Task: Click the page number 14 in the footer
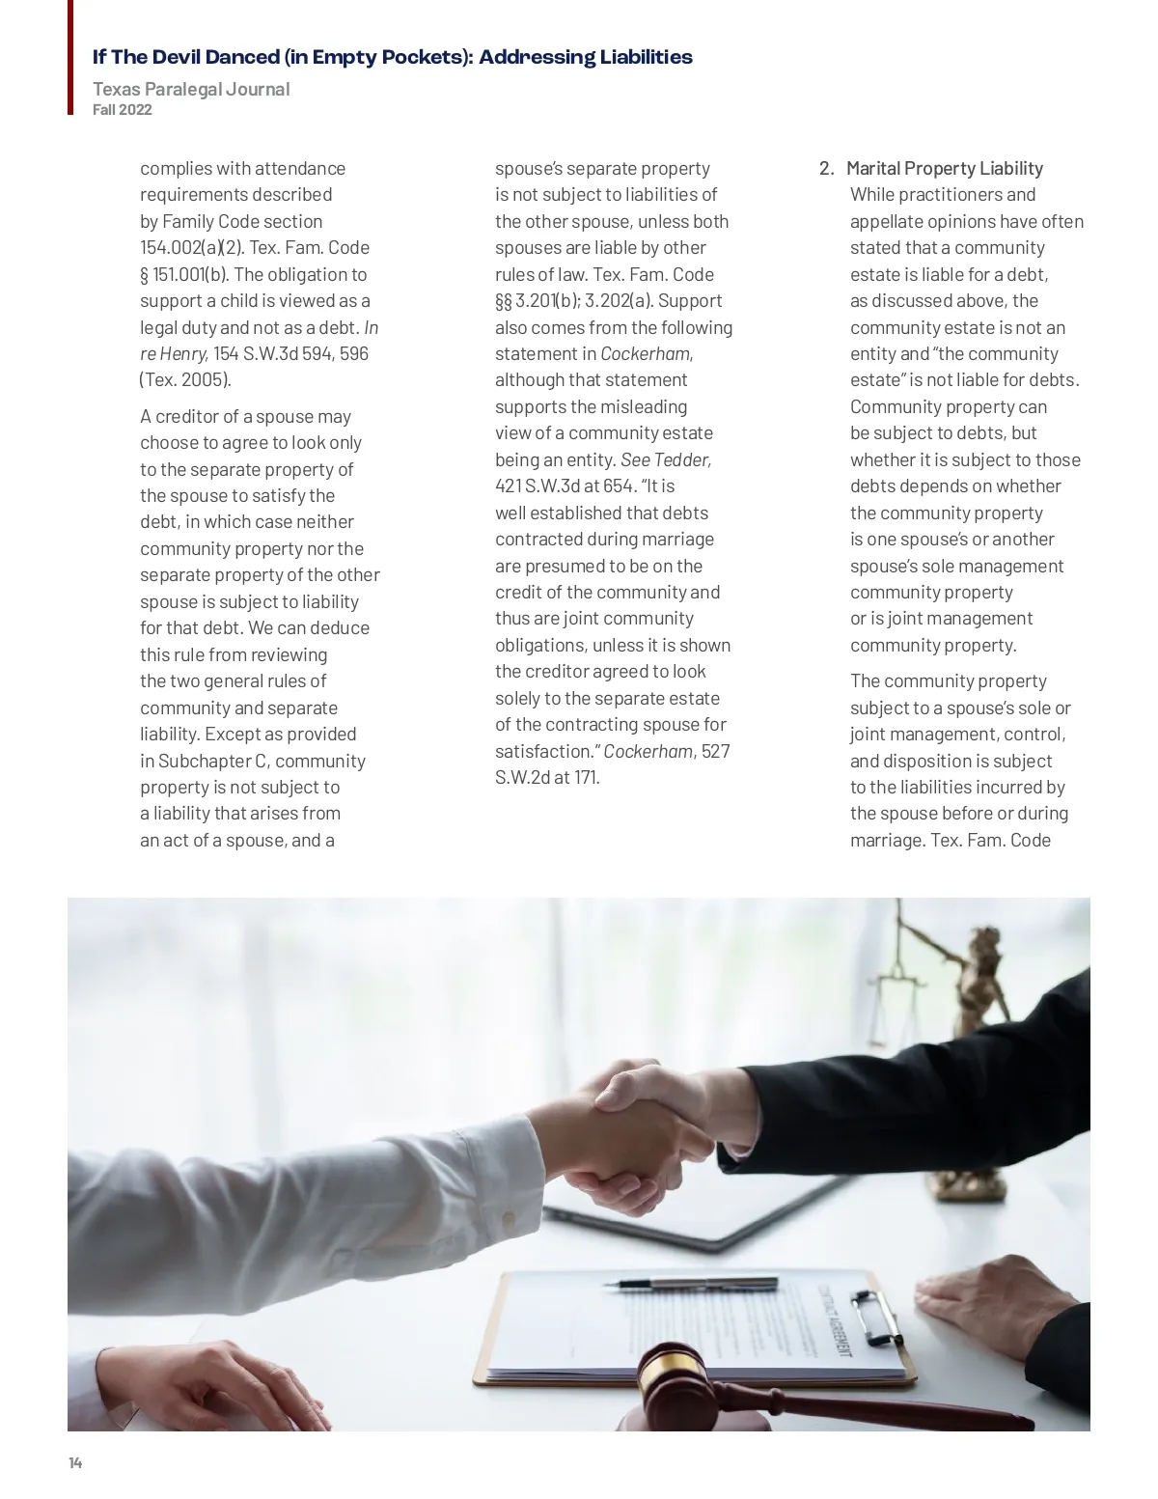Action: [x=75, y=1463]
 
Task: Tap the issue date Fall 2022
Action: [x=123, y=110]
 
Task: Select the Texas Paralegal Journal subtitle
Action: [x=191, y=89]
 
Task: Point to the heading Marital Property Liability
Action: [x=945, y=168]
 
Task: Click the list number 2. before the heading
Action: [x=826, y=168]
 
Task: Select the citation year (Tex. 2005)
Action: [x=185, y=379]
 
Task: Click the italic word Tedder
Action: [x=681, y=459]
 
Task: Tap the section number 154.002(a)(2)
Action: [x=189, y=247]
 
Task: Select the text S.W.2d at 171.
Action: [x=547, y=777]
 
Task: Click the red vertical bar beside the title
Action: [x=70, y=58]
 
